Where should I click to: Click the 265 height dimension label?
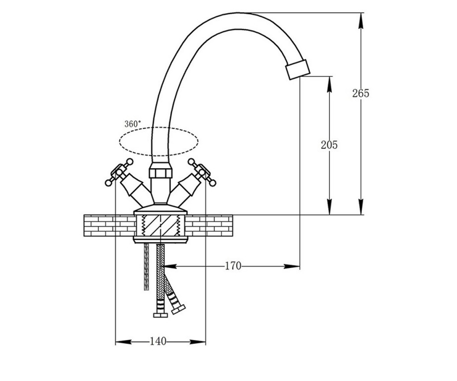[x=361, y=93]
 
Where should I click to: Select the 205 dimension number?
[x=329, y=145]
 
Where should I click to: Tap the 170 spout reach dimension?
[x=233, y=266]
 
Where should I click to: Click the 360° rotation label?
[x=133, y=124]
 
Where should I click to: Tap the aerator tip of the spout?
[x=298, y=69]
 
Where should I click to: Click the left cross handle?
[x=119, y=172]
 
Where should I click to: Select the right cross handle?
[x=202, y=172]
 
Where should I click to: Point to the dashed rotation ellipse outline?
[x=159, y=127]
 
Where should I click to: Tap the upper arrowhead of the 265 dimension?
[x=361, y=21]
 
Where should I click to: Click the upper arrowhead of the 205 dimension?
[x=329, y=84]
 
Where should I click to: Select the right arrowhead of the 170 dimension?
[x=292, y=266]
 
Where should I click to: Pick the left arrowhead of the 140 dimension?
[x=123, y=342]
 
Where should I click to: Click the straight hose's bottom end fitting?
[x=160, y=315]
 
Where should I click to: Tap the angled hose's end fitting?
[x=178, y=309]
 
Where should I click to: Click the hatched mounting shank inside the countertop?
[x=160, y=226]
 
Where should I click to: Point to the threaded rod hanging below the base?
[x=146, y=267]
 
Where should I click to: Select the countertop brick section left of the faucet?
[x=109, y=226]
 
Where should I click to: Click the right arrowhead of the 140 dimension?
[x=198, y=342]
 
